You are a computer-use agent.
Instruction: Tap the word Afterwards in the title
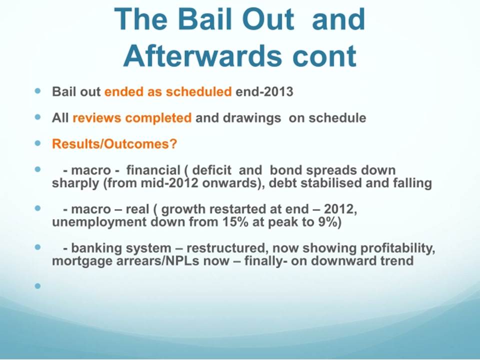[x=202, y=56]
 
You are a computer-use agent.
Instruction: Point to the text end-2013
[x=264, y=92]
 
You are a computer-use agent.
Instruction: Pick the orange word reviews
[x=96, y=118]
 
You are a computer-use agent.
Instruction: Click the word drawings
[x=251, y=118]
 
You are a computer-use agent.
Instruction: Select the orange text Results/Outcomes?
[x=114, y=144]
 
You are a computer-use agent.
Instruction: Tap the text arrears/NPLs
[x=144, y=261]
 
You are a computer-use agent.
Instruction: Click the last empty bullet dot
[x=37, y=286]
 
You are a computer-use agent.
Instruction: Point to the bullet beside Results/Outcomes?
[x=37, y=143]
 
